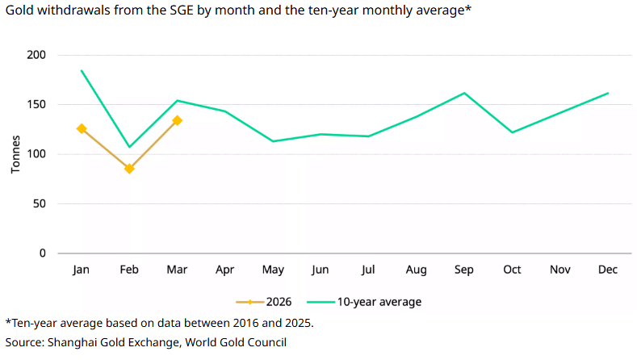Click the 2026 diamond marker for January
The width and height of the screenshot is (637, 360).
coord(81,128)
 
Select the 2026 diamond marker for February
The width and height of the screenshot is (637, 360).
coord(129,169)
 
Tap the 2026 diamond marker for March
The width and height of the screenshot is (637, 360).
coord(177,120)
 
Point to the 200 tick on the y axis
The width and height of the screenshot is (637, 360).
coord(36,55)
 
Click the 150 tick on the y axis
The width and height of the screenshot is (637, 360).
coord(36,105)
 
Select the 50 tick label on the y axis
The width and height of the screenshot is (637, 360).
coord(39,203)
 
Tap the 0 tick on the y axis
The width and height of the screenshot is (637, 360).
coord(42,253)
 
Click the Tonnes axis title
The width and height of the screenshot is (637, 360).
coord(16,154)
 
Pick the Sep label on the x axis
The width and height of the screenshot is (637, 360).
coord(464,270)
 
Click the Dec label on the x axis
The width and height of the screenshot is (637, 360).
coord(608,270)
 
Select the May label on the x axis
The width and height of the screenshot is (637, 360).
coord(273,270)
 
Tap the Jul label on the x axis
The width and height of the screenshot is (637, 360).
coord(368,270)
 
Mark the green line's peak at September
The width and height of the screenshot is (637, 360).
coord(464,93)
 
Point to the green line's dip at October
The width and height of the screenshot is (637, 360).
coord(512,132)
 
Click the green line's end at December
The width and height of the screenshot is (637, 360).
coord(608,93)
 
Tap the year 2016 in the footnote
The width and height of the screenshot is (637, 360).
coord(237,324)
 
